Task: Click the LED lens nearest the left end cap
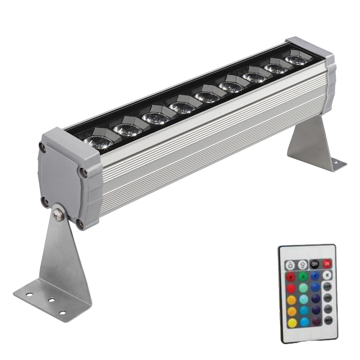99,142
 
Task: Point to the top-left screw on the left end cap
42,149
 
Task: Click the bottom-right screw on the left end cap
80,223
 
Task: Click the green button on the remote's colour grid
303,276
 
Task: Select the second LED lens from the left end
127,129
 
